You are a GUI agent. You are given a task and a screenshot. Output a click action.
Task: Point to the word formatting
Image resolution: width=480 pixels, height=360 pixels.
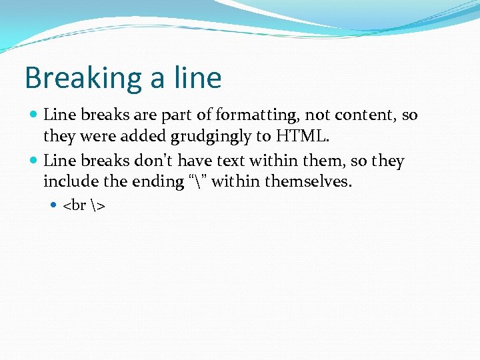point(254,115)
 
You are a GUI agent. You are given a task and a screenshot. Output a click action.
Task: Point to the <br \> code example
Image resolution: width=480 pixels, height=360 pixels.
point(84,205)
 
